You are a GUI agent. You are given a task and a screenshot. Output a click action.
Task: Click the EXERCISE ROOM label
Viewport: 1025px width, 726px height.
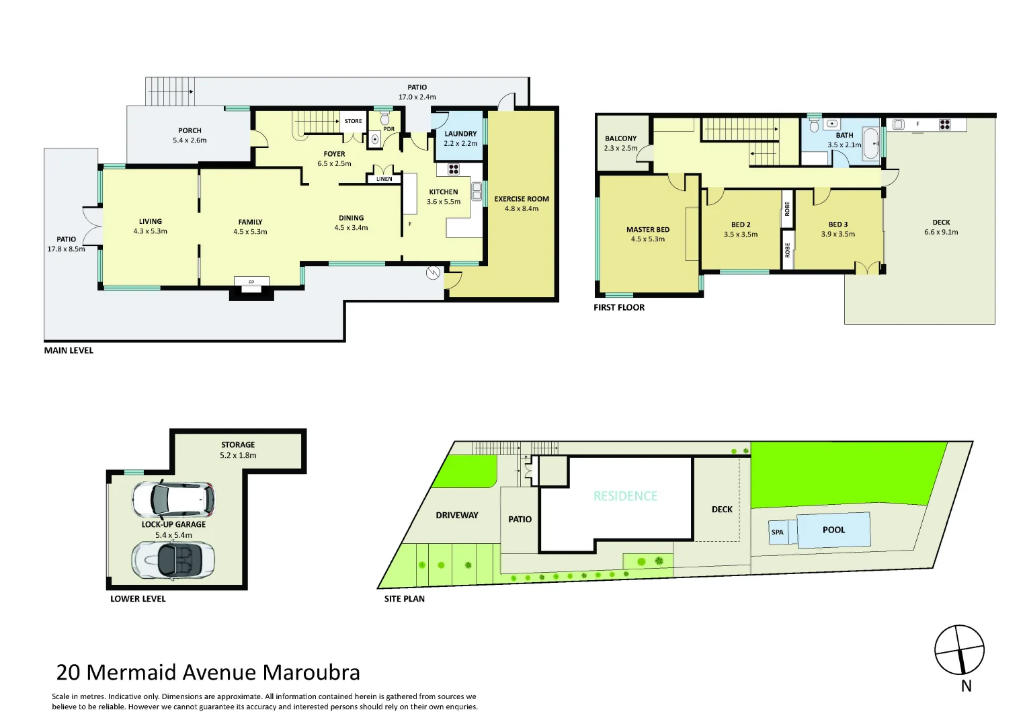[522, 199]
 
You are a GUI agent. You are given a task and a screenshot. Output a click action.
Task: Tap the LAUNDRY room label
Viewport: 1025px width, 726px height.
[460, 134]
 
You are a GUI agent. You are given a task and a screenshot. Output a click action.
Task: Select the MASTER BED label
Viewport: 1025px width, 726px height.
[647, 230]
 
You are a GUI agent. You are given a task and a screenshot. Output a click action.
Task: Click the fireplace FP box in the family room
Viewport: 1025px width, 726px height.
[251, 282]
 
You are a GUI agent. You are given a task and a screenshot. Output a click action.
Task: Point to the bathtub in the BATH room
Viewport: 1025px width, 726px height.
[870, 144]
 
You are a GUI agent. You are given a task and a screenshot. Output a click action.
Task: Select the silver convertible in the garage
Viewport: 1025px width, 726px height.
[173, 559]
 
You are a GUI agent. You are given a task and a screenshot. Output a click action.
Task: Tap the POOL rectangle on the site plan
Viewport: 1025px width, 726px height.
[833, 530]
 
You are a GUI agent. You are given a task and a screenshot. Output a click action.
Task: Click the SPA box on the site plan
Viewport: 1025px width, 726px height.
[778, 532]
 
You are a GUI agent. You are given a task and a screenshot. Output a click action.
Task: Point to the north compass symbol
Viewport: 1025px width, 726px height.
[959, 650]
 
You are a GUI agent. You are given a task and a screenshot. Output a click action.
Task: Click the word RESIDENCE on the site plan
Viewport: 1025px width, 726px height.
[625, 496]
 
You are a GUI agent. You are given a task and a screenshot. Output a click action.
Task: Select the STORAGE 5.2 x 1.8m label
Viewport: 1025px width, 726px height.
[238, 450]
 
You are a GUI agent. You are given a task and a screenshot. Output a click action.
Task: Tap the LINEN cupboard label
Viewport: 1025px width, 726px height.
[384, 179]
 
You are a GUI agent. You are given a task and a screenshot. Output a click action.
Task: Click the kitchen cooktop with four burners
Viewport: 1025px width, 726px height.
[454, 169]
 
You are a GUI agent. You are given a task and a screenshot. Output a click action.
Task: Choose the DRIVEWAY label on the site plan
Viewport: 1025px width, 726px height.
[457, 515]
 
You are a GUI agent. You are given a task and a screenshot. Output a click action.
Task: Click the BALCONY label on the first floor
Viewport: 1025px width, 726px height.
[620, 138]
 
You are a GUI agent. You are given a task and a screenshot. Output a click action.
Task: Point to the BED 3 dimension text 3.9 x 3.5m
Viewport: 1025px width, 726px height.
[837, 235]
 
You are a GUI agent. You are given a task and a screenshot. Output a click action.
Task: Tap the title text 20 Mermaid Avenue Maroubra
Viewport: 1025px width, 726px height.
[208, 672]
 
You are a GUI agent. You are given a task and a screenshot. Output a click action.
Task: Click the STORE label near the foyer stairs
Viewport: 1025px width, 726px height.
[353, 121]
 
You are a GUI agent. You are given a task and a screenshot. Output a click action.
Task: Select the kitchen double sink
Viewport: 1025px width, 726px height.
[477, 192]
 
